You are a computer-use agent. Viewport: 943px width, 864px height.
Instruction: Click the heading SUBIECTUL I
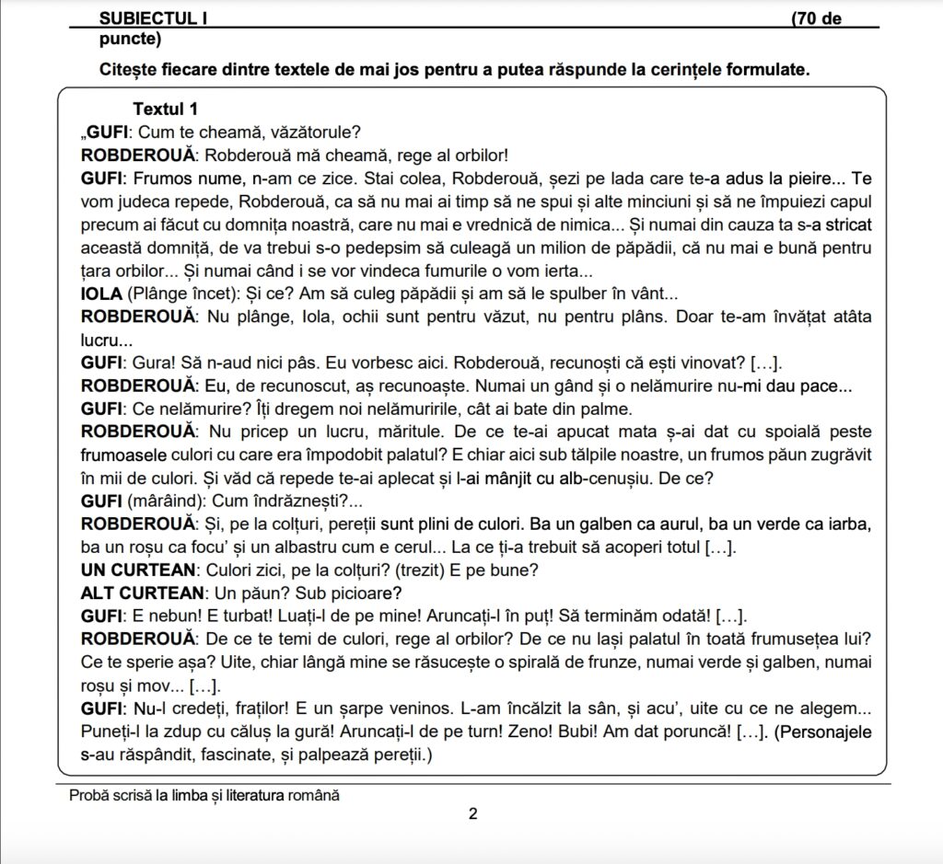pyautogui.click(x=154, y=19)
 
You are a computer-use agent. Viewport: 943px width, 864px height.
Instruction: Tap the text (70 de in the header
pyautogui.click(x=816, y=19)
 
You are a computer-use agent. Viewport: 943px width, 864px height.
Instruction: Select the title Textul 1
pyautogui.click(x=165, y=109)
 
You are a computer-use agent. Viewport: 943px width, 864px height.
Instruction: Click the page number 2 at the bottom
pyautogui.click(x=472, y=813)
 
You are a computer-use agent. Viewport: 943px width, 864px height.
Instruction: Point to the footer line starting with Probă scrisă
pyautogui.click(x=204, y=795)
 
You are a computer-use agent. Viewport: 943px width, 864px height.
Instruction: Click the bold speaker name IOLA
pyautogui.click(x=101, y=294)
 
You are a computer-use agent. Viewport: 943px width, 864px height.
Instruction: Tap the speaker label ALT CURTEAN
pyautogui.click(x=141, y=592)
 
